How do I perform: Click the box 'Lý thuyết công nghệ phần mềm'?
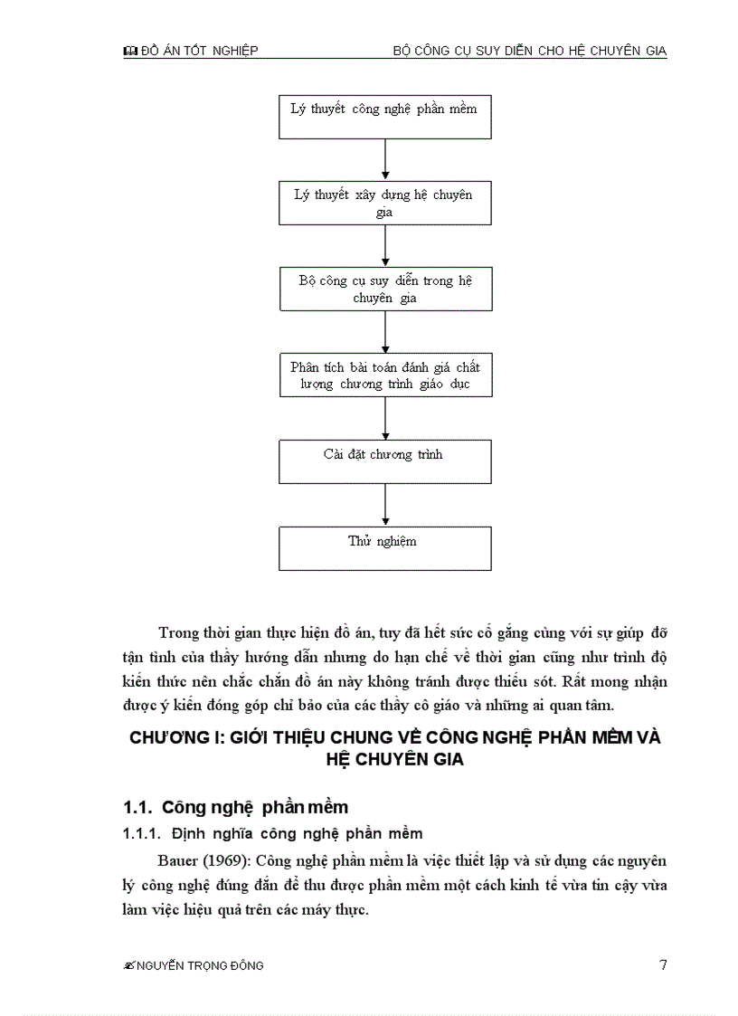pyautogui.click(x=384, y=117)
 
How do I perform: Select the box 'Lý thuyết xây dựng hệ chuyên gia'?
pyautogui.click(x=384, y=204)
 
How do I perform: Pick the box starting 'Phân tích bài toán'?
pyautogui.click(x=384, y=375)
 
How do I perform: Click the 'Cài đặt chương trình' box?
pyautogui.click(x=384, y=461)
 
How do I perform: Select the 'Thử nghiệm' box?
pyautogui.click(x=384, y=548)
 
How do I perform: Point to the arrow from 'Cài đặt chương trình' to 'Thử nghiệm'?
pyautogui.click(x=385, y=505)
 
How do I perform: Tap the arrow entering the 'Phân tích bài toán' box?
pyautogui.click(x=385, y=332)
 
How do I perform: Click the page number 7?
pyautogui.click(x=663, y=964)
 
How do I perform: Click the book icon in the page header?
pyautogui.click(x=129, y=52)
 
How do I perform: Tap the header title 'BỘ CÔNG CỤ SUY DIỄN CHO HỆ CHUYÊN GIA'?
pyautogui.click(x=529, y=52)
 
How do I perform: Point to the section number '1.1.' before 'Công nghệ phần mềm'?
pyautogui.click(x=137, y=806)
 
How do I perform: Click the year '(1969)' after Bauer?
pyautogui.click(x=214, y=860)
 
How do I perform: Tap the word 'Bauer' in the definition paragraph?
pyautogui.click(x=175, y=860)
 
